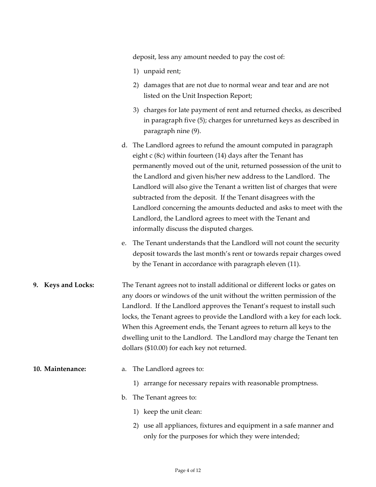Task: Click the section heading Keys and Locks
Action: point(69,285)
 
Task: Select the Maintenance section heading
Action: point(65,369)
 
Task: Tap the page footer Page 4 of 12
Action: point(188,470)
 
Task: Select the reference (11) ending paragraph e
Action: point(293,264)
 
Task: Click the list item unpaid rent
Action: point(162,71)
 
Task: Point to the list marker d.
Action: point(124,145)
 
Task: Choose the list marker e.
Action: point(124,243)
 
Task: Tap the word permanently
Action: point(152,166)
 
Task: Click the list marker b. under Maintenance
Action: point(124,397)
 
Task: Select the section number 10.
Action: point(37,369)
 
